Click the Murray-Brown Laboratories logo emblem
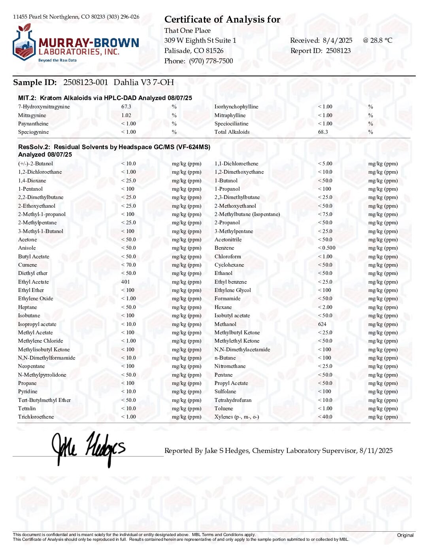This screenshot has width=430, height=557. pos(25,44)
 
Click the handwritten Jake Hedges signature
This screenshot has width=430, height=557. pos(89,449)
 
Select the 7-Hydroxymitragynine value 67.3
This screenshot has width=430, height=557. pos(126,107)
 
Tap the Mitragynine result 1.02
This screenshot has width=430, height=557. pos(126,116)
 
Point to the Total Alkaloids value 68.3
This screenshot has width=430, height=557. pos(323,132)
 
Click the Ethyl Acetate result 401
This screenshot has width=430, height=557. pos(125,282)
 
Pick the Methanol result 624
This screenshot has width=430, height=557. pos(322,324)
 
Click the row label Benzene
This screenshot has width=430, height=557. pos(224,248)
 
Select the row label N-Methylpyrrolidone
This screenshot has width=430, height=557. pos(42,375)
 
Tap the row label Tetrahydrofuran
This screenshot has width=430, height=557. pos(233,400)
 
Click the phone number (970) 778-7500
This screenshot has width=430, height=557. pos(211,61)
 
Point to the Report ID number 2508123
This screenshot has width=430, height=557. pos(338,51)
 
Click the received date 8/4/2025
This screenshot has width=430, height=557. pos(338,40)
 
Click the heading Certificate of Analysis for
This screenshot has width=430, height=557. pos(222,19)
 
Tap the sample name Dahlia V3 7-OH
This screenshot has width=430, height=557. pos(144,82)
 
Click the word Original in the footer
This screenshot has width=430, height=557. pos(405,535)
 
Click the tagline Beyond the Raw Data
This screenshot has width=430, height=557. pos(57,61)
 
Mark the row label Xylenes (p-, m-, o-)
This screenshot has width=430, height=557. pos(237,417)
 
